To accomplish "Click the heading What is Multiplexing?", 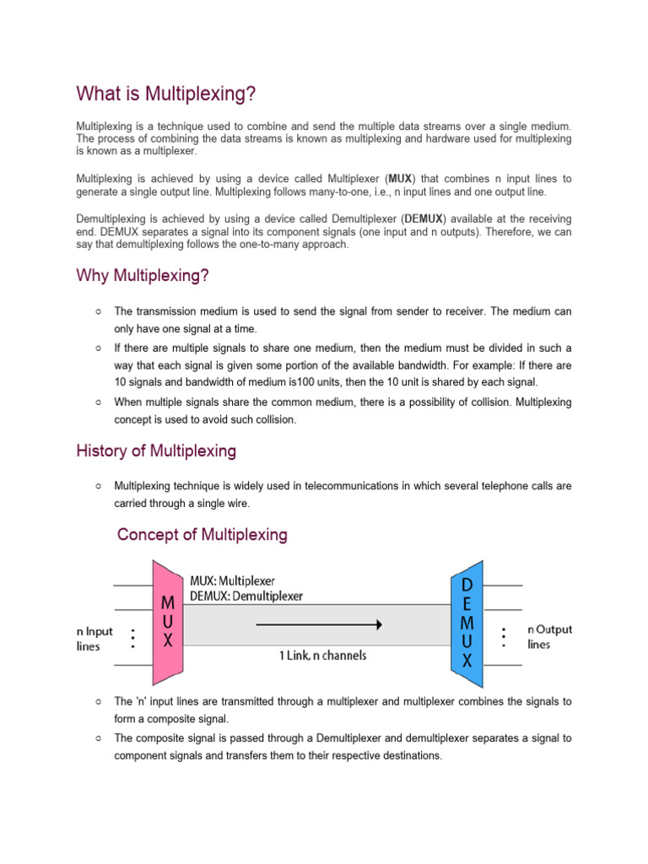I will pyautogui.click(x=165, y=94).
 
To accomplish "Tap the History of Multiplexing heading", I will pyautogui.click(x=156, y=451).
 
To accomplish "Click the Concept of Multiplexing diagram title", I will pyautogui.click(x=202, y=535).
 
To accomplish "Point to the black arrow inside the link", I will pyautogui.click(x=318, y=624).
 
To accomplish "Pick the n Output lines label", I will pyautogui.click(x=549, y=636).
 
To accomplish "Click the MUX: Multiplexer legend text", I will pyautogui.click(x=232, y=581).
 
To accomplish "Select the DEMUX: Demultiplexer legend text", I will pyautogui.click(x=246, y=596).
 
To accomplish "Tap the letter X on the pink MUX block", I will pyautogui.click(x=168, y=640).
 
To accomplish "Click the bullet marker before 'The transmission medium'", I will pyautogui.click(x=99, y=312).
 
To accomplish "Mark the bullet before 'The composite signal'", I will pyautogui.click(x=99, y=738).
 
